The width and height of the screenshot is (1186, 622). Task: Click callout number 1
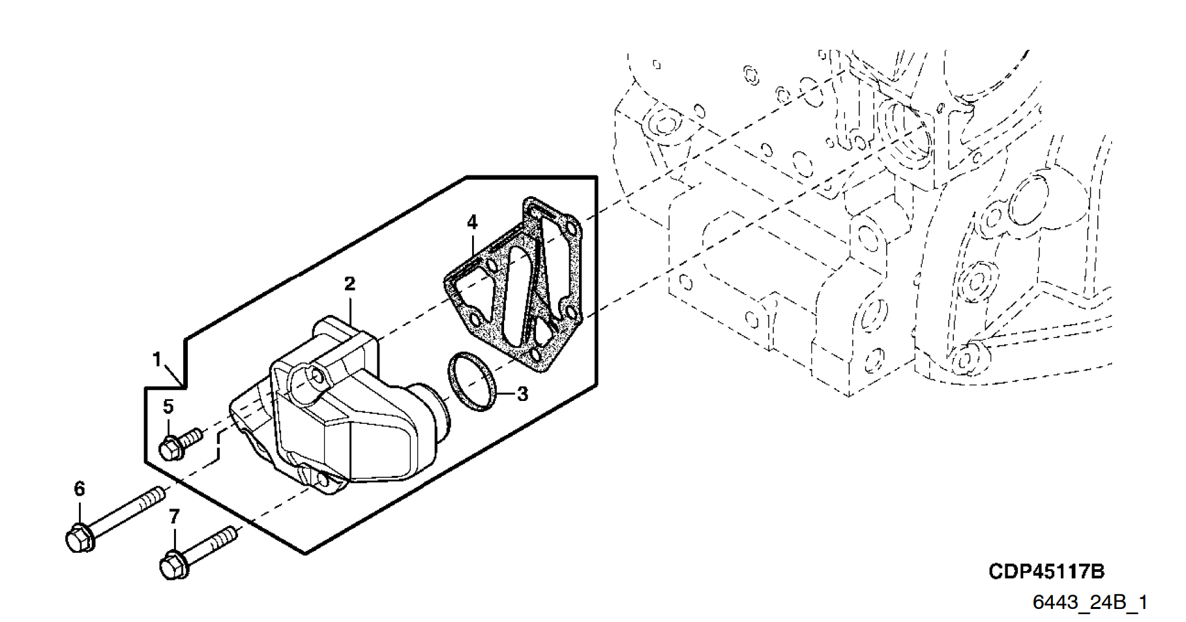[x=156, y=359]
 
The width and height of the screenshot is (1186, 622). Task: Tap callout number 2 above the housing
[x=350, y=284]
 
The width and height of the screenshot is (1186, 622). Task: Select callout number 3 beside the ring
[x=522, y=394]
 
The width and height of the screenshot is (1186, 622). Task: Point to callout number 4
[x=472, y=222]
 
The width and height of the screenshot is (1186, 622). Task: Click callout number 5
[x=168, y=407]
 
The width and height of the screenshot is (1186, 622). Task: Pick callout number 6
[x=79, y=488]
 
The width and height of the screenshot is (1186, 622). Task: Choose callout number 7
[x=174, y=517]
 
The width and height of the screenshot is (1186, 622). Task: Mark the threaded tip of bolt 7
[x=228, y=534]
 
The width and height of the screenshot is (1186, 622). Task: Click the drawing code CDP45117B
[x=1046, y=572]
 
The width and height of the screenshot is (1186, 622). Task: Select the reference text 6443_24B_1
[x=1090, y=602]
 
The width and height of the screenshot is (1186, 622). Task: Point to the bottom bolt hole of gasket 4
[x=535, y=355]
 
